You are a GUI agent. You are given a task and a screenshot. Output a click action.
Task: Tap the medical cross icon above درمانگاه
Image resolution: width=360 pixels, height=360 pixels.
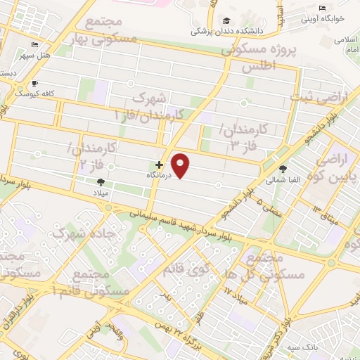tap(159, 165)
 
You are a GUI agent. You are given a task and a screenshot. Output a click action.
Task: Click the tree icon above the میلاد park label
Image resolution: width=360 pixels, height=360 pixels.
tap(101, 181)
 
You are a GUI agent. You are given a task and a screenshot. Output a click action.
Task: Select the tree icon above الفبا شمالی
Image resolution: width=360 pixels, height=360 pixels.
tap(283, 169)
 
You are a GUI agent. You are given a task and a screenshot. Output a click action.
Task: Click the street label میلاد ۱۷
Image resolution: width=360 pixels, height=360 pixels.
tap(236, 290)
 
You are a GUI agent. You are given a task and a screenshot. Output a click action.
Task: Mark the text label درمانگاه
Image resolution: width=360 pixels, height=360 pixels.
tap(160, 174)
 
